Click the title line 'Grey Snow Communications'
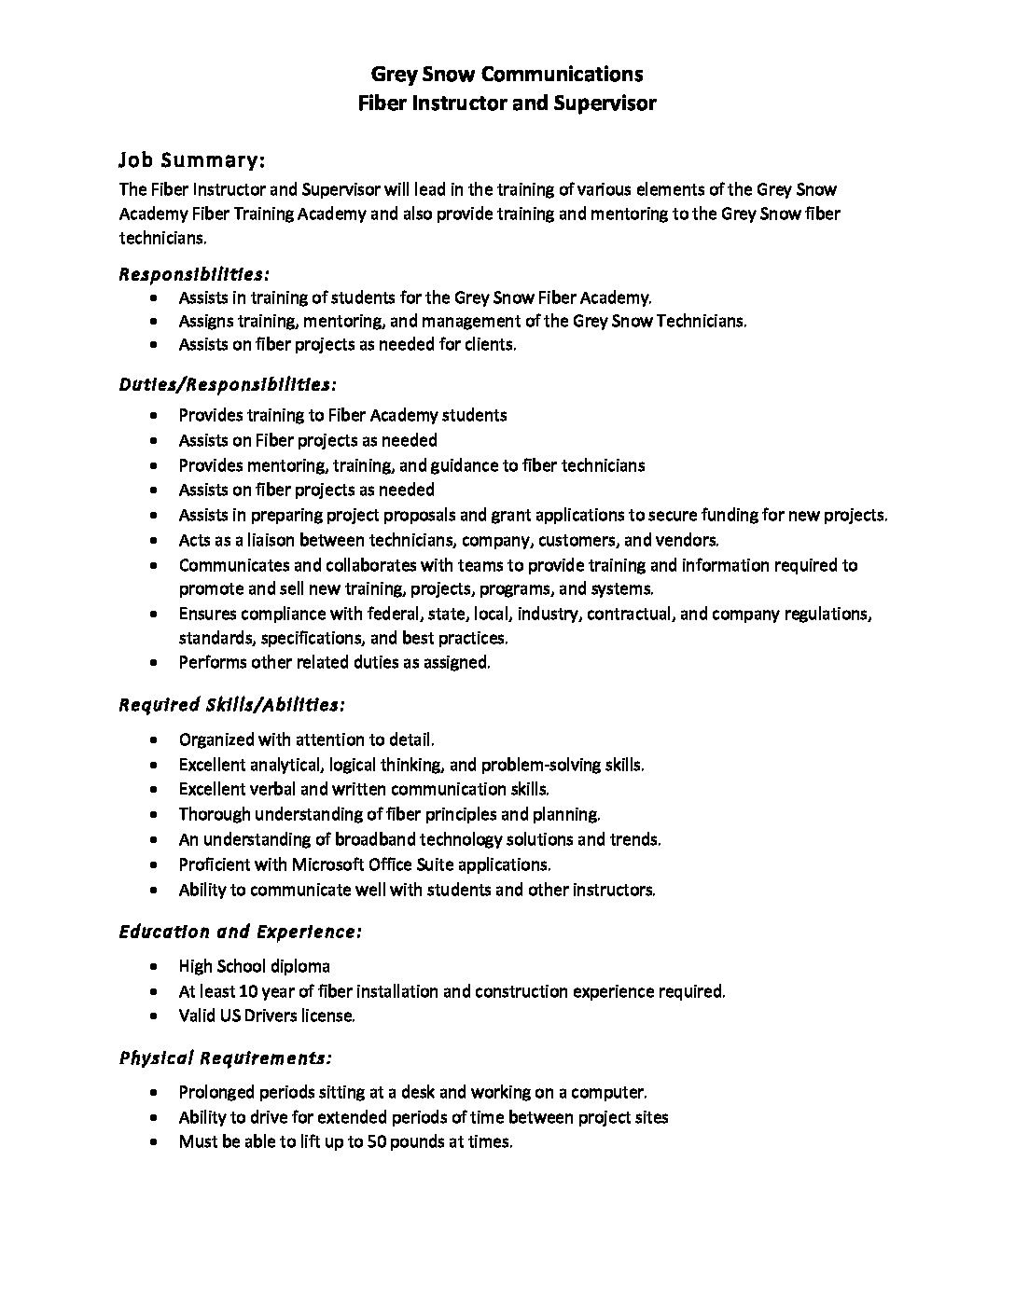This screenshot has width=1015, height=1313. (x=507, y=74)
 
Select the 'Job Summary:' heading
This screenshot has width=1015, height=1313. (x=192, y=160)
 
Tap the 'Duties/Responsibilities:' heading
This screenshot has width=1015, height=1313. (x=228, y=384)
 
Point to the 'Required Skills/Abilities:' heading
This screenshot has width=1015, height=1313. (x=232, y=704)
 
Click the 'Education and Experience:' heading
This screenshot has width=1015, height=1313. (x=240, y=932)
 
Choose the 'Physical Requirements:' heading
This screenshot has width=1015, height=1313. (x=226, y=1058)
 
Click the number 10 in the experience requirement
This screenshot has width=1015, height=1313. (x=266, y=991)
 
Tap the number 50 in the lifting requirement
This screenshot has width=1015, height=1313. (x=377, y=1141)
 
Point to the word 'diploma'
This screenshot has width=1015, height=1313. (x=301, y=966)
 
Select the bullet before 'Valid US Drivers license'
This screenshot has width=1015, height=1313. (x=154, y=1016)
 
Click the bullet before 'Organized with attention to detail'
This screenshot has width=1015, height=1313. (x=154, y=740)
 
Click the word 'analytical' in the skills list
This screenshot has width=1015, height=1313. (x=285, y=765)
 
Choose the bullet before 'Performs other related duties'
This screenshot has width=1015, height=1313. (x=154, y=663)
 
